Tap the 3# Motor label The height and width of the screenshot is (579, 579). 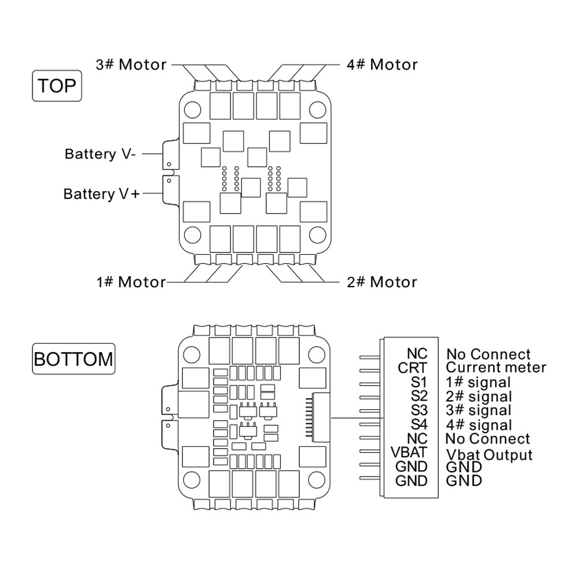131,65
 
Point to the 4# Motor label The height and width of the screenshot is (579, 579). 382,65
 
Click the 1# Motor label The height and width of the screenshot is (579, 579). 131,282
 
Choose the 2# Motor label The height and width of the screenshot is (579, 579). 382,282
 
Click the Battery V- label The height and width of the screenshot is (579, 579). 100,154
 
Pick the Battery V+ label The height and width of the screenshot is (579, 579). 101,194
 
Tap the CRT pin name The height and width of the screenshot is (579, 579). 412,368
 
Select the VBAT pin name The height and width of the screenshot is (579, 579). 409,452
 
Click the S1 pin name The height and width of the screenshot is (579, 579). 419,382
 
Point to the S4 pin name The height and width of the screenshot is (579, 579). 419,424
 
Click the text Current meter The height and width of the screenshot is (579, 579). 496,368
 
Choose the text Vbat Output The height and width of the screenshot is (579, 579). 489,455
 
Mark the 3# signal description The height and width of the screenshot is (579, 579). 479,411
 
